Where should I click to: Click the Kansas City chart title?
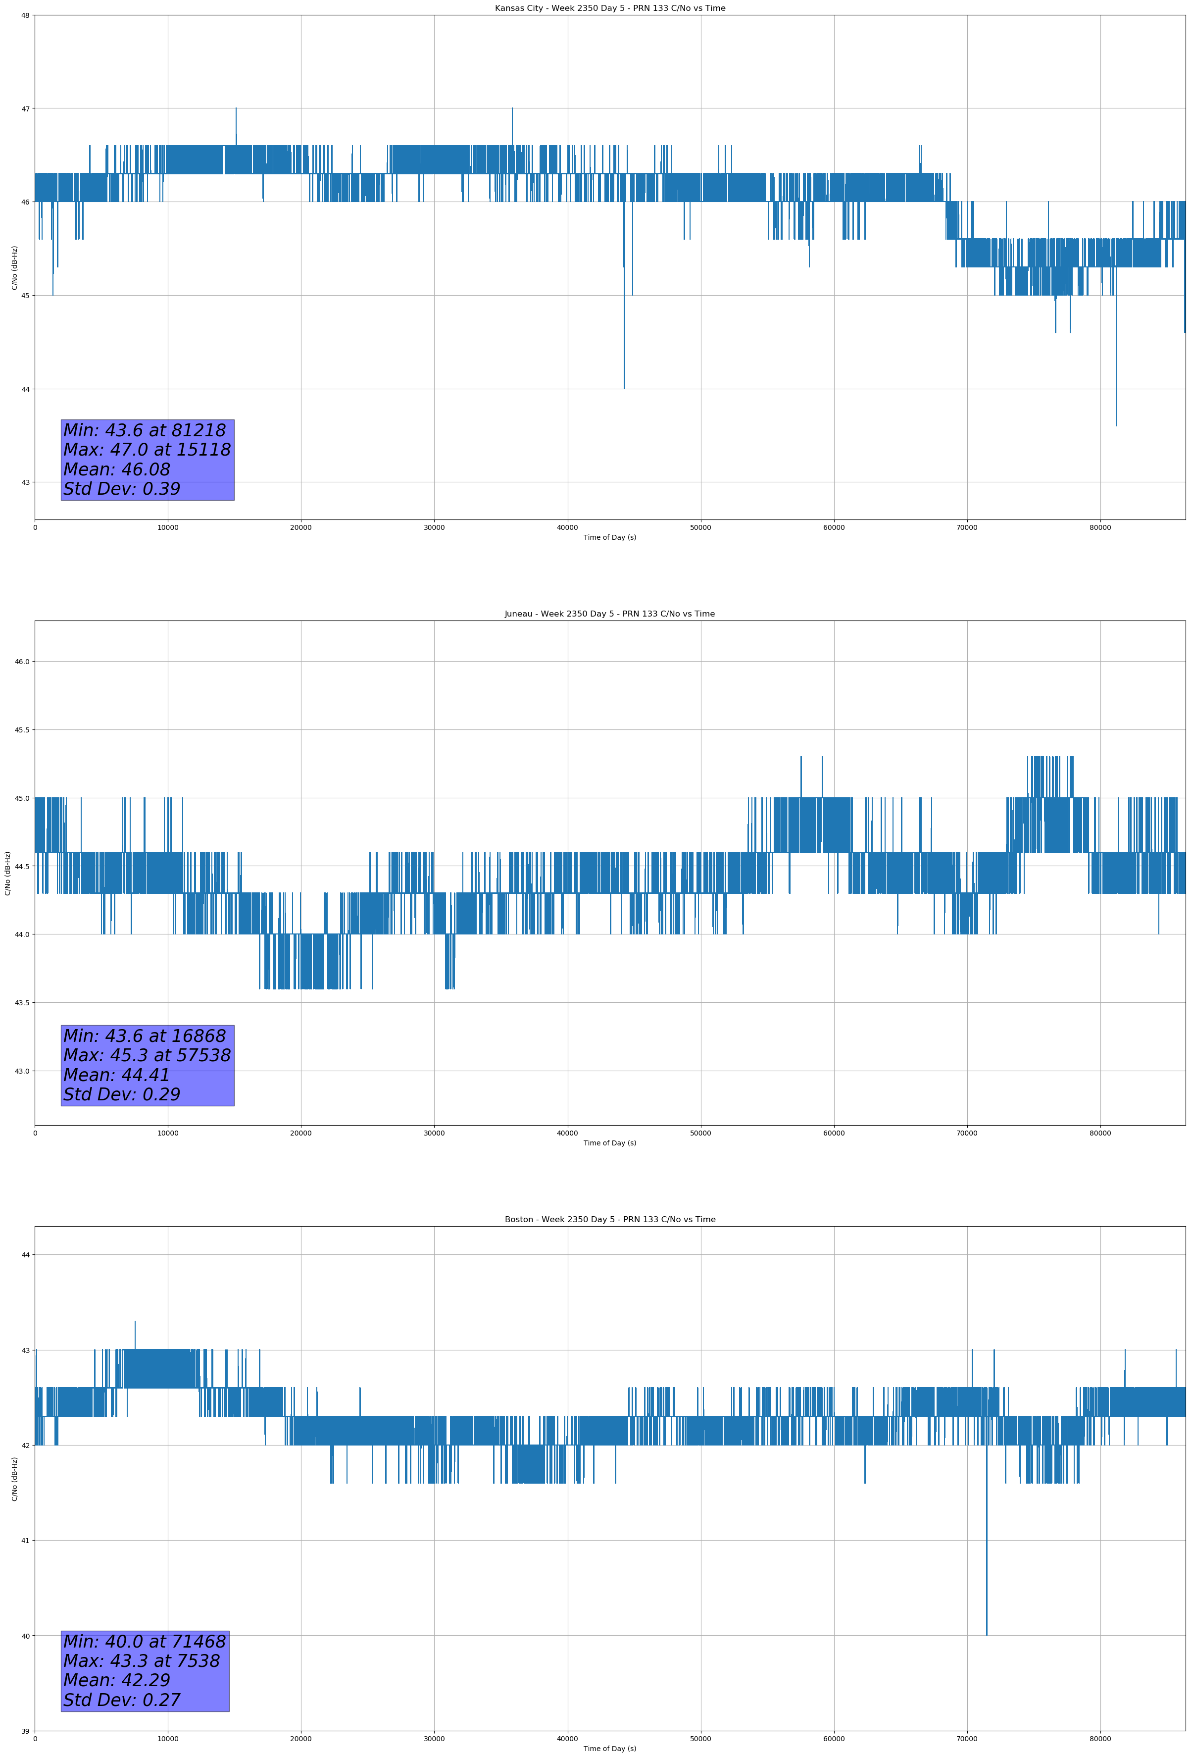coord(609,8)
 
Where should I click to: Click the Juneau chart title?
coord(609,614)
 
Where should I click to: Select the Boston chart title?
coord(609,1220)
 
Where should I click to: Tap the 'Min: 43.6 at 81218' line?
coord(145,430)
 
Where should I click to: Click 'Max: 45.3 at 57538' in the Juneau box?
coord(147,1055)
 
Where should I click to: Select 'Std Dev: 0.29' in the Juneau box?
coord(122,1094)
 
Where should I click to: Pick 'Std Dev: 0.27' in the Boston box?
coord(122,1700)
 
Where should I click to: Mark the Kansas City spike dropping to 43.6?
coord(1116,423)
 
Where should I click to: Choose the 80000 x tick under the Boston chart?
coord(1100,1738)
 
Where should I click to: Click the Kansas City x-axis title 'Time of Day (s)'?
coord(609,537)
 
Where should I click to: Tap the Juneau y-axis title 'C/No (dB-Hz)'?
coord(7,873)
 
